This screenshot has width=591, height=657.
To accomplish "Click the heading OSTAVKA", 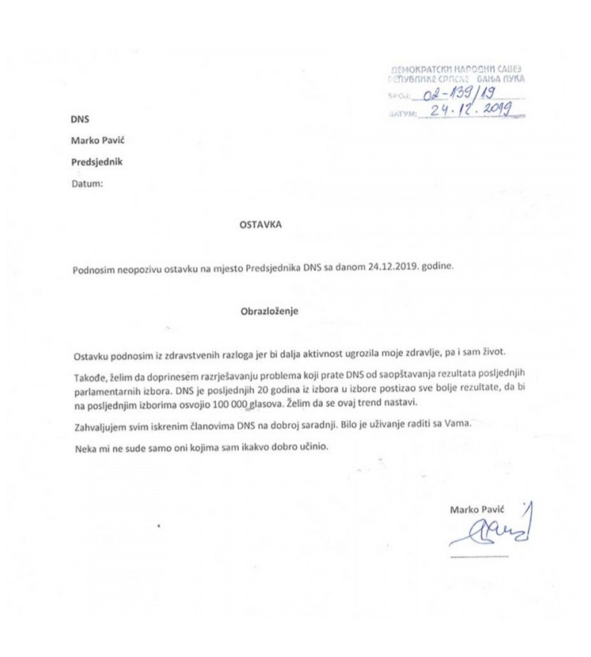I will (260, 225).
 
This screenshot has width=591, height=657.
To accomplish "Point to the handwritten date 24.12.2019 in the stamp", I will (465, 111).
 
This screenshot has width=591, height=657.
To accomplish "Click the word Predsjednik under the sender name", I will (97, 162).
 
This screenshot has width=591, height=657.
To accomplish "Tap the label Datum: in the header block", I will (87, 183).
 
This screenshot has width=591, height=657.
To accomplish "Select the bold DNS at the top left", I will (80, 119).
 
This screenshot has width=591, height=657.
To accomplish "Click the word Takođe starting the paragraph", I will (88, 377).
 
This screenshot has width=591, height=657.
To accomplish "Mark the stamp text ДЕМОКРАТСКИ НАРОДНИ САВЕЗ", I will (457, 70).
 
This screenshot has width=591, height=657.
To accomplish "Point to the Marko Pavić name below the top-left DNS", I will (98, 140).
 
